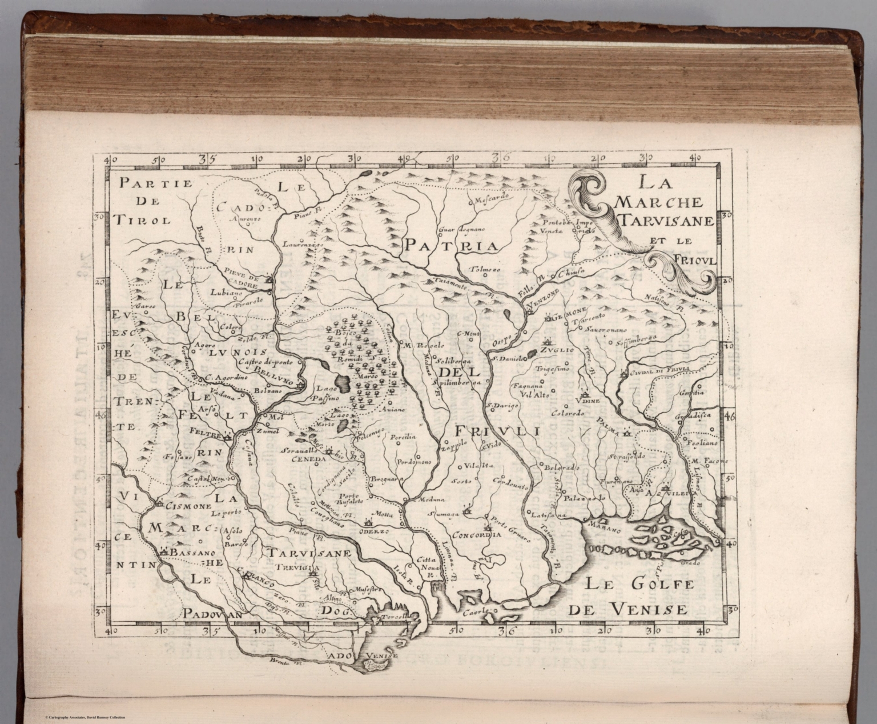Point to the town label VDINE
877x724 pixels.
click(592, 402)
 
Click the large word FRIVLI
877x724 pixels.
click(497, 429)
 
